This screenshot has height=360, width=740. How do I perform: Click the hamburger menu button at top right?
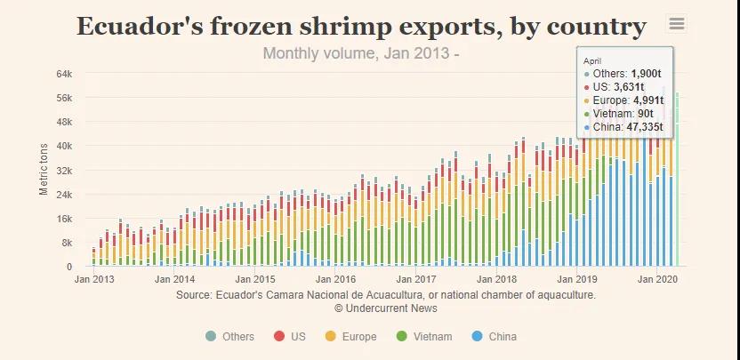coord(677,24)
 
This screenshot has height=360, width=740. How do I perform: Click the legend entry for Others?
coord(230,337)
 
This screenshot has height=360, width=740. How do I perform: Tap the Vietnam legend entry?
coord(424,337)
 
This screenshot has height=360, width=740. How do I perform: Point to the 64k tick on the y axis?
coord(64,73)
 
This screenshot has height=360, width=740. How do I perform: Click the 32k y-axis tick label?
coord(64,170)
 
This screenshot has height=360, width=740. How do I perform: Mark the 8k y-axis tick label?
coord(67,243)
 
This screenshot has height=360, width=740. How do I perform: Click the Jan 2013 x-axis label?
coord(93,279)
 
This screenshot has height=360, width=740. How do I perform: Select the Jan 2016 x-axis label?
coord(335,279)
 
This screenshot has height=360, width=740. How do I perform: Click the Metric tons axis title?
coord(44,170)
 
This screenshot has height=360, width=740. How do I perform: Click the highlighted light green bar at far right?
coord(677,178)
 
